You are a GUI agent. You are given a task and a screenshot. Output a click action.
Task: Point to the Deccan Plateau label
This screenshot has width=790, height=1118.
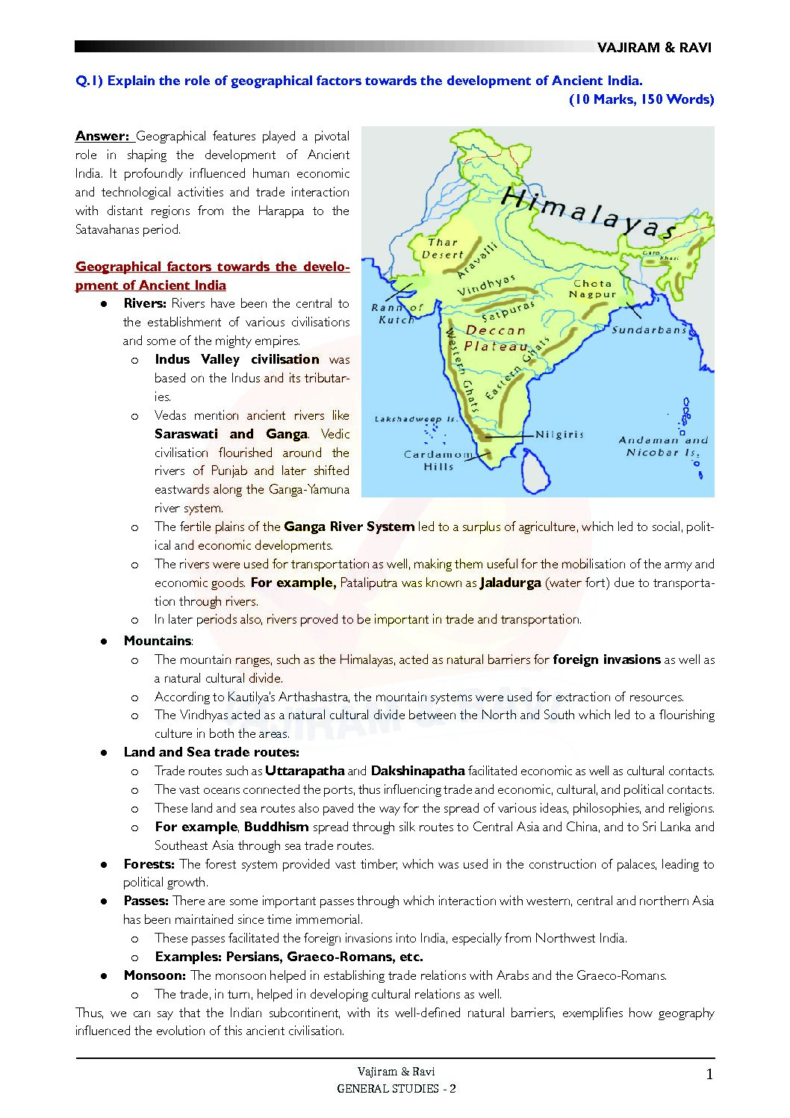[496, 338]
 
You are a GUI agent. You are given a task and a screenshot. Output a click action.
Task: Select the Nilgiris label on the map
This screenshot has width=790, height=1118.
[559, 434]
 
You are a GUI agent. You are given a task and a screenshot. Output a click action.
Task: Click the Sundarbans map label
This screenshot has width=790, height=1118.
[649, 329]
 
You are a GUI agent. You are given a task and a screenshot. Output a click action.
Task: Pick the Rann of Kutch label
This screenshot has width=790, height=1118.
[396, 313]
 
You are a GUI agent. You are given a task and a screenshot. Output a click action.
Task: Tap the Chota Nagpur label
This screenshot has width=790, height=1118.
[593, 288]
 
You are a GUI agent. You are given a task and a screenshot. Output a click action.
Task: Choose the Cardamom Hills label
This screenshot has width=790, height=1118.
[438, 460]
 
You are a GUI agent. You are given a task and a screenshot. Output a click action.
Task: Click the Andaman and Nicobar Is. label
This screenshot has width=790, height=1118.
[662, 446]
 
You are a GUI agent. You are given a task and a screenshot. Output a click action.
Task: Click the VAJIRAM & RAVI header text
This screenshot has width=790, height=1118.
[654, 48]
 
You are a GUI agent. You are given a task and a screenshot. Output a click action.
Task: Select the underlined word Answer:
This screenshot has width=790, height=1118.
[103, 136]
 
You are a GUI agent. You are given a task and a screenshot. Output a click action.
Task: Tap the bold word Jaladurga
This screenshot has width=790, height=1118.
[510, 583]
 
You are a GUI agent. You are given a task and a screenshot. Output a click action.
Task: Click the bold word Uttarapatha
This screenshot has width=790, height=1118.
[305, 771]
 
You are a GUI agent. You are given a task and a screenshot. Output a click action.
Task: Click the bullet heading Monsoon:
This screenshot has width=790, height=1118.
[155, 975]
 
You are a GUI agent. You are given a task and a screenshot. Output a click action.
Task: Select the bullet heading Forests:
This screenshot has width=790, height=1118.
[149, 864]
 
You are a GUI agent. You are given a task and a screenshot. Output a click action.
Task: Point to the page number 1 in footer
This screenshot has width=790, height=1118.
[709, 1075]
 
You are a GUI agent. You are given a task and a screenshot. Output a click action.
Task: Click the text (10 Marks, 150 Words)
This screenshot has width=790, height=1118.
[641, 99]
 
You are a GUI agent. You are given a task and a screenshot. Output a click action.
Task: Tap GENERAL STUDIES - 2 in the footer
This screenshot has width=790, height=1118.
[396, 1089]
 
